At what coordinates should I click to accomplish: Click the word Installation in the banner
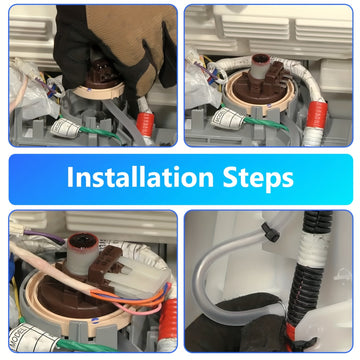click(x=140, y=177)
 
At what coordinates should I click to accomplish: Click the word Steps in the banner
click(x=258, y=178)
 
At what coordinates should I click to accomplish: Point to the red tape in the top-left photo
click(x=145, y=124)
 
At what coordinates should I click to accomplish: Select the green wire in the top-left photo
click(x=100, y=132)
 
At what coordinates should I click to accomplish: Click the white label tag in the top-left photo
click(x=65, y=128)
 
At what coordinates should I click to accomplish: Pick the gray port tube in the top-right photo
click(x=261, y=67)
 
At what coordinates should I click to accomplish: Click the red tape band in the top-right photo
click(x=316, y=115)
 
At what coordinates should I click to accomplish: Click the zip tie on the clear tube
click(x=270, y=232)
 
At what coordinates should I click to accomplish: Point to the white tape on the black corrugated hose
click(x=313, y=250)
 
